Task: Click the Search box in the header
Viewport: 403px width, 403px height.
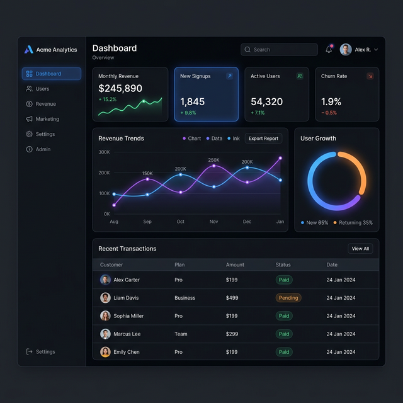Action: (x=279, y=50)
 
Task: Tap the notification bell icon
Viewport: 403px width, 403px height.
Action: (x=329, y=49)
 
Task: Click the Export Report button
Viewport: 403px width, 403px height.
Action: (x=263, y=139)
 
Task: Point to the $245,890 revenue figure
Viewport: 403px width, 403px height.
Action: (x=120, y=89)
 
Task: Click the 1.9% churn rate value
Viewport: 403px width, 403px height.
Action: (x=331, y=101)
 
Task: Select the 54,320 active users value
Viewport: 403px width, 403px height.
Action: (x=266, y=101)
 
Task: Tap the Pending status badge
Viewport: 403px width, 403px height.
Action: (x=288, y=298)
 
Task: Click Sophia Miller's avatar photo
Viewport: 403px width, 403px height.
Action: (x=105, y=316)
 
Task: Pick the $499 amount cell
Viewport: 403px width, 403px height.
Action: (x=232, y=298)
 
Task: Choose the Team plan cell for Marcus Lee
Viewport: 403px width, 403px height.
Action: (x=181, y=334)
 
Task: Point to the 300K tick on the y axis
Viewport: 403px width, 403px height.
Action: (x=104, y=152)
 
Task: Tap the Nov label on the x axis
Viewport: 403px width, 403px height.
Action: (x=213, y=222)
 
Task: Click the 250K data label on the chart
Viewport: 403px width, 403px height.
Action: (x=213, y=160)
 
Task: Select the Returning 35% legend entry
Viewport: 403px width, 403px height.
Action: (x=353, y=223)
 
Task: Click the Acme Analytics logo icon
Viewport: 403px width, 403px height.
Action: (x=28, y=50)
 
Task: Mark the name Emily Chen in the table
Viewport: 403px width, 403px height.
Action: (x=126, y=352)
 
